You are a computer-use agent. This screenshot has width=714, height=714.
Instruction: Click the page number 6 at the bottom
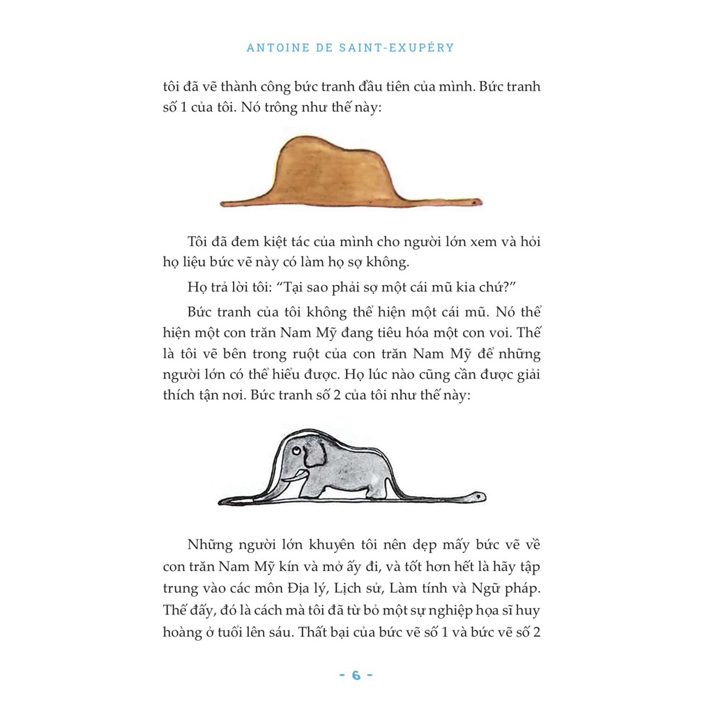tap(356, 675)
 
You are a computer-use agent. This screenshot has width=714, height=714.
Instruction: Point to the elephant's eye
tap(298, 451)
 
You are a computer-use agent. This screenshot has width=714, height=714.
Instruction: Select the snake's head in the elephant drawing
tap(476, 496)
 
